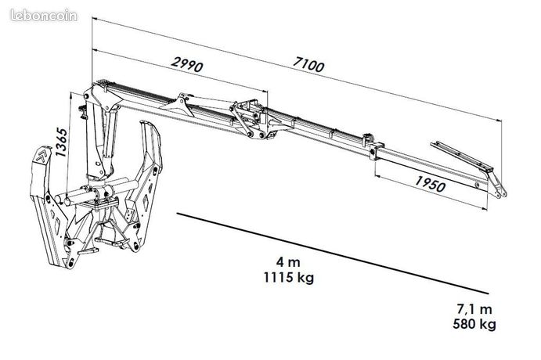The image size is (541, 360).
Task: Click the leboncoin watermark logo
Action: coord(44,16)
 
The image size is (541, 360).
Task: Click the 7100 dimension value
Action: coord(308,64)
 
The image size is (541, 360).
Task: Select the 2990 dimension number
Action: coord(187,64)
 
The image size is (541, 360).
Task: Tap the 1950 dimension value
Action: coord(430,184)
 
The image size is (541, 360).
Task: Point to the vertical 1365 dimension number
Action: coord(61,142)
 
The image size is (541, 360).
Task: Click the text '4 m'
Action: coord(288,262)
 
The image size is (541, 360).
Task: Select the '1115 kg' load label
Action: coord(289,277)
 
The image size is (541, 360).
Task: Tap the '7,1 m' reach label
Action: coord(474,309)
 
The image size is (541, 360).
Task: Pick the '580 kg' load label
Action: coord(474,324)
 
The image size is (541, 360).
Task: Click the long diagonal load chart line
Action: coord(333,254)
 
